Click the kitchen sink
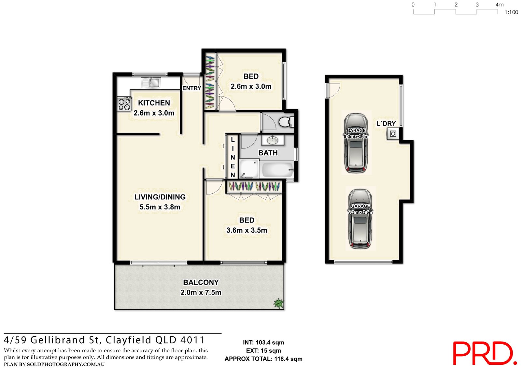pyautogui.click(x=151, y=83)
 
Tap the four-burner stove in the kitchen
pyautogui.click(x=124, y=104)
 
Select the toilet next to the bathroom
pyautogui.click(x=286, y=122)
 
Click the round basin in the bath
pyautogui.click(x=272, y=140)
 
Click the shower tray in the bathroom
pyautogui.click(x=249, y=168)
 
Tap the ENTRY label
pyautogui.click(x=191, y=88)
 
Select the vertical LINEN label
pyautogui.click(x=232, y=157)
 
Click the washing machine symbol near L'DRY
pyautogui.click(x=393, y=134)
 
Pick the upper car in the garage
pyautogui.click(x=356, y=143)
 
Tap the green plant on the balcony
pyautogui.click(x=278, y=303)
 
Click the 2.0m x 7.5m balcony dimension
pyautogui.click(x=201, y=293)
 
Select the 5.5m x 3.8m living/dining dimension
pyautogui.click(x=160, y=207)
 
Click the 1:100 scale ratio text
pyautogui.click(x=511, y=12)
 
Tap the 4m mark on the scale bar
pyautogui.click(x=499, y=5)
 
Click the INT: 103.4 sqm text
pyautogui.click(x=263, y=343)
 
